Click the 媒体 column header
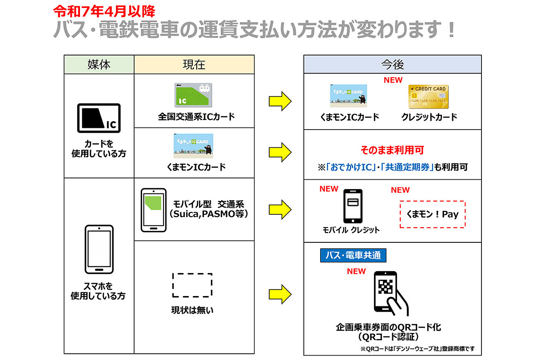(99, 64)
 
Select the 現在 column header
(194, 64)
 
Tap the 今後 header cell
(392, 64)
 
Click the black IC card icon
(99, 118)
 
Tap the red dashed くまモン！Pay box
(433, 214)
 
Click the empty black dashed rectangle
(192, 285)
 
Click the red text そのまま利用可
(392, 150)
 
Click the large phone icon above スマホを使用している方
(99, 249)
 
